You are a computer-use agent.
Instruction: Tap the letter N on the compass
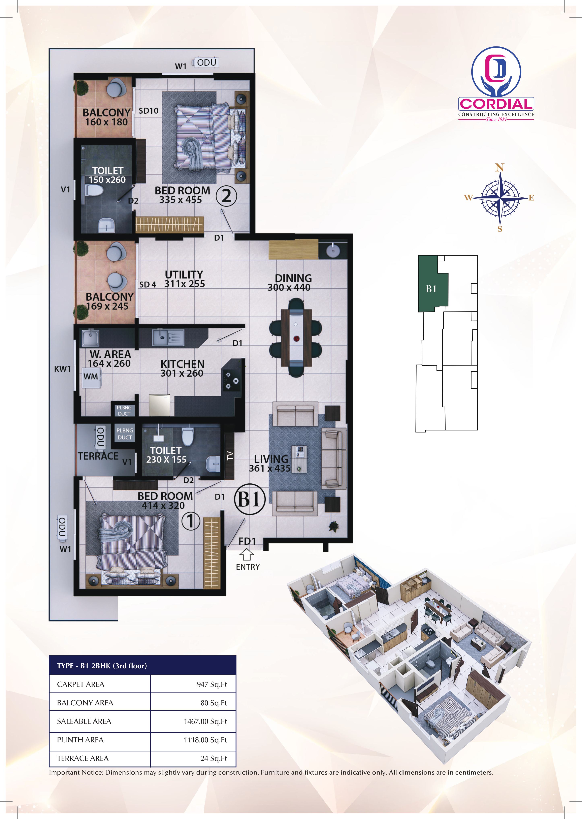pos(499,167)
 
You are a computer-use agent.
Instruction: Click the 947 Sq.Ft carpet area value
pos(212,684)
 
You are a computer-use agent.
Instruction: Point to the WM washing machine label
pos(91,376)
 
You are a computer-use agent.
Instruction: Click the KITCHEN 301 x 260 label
pos(182,369)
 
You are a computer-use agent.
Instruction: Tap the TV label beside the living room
pos(230,455)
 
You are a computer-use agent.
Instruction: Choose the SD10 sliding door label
pos(148,111)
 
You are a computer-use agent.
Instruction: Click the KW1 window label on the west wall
pos(62,369)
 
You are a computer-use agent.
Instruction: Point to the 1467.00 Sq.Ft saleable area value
pos(205,721)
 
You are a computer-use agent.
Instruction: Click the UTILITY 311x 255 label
pos(184,279)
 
